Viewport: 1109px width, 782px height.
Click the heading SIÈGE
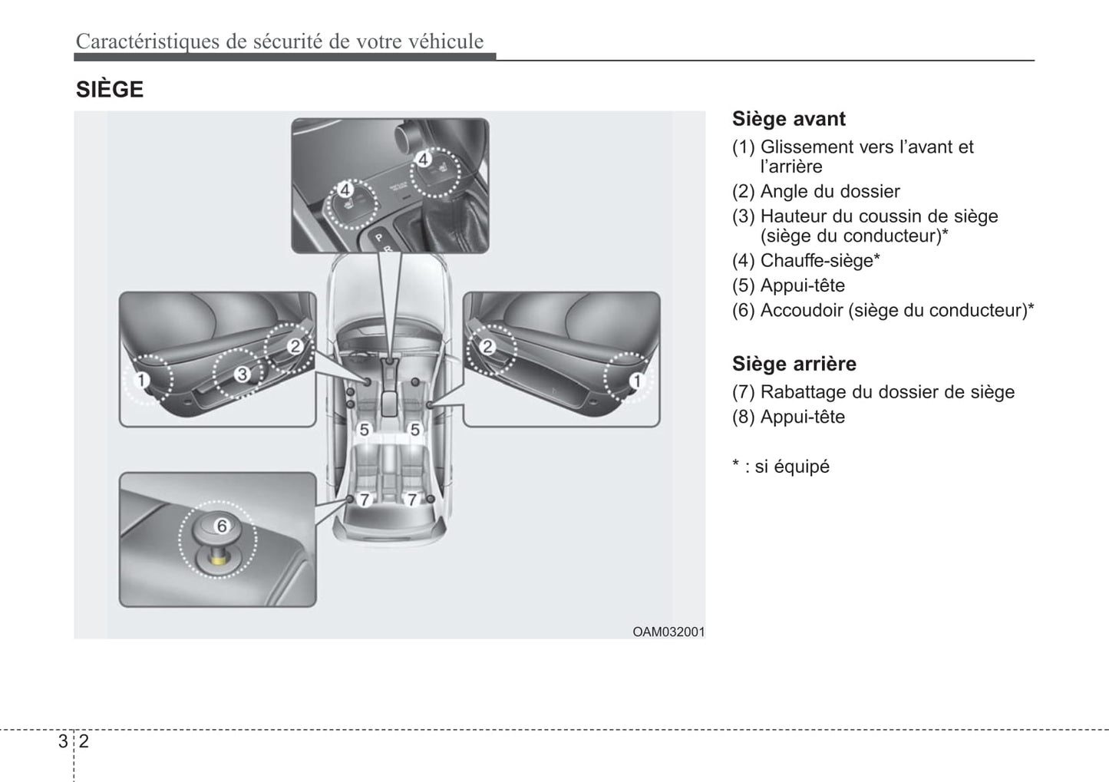tap(110, 90)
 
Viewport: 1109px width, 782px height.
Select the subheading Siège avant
tap(788, 119)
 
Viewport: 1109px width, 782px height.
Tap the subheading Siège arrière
tap(794, 364)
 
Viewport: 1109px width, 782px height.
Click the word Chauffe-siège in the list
tap(817, 261)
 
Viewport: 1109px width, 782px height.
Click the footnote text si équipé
tap(792, 467)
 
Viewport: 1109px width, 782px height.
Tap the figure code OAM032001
tap(668, 632)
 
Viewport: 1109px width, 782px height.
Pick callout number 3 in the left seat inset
tap(243, 374)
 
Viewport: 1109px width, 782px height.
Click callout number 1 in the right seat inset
tap(635, 380)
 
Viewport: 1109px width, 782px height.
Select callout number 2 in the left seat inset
tap(295, 346)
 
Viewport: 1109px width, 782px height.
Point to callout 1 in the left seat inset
tap(142, 380)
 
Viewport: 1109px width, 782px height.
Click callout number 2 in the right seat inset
tap(487, 346)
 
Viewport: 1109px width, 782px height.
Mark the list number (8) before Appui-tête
tap(744, 417)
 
